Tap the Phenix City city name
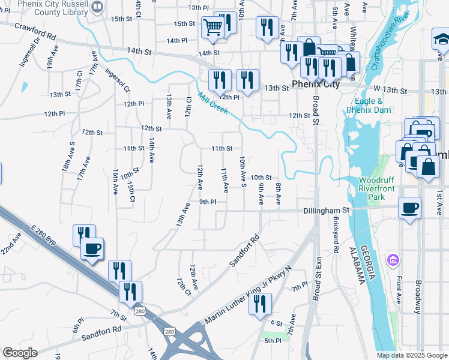(x=316, y=85)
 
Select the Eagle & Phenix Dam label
(x=373, y=106)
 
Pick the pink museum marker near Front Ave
(x=394, y=260)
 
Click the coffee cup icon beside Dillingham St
(x=409, y=208)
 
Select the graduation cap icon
(x=441, y=40)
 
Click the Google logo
(x=19, y=353)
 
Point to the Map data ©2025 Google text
(x=412, y=355)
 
